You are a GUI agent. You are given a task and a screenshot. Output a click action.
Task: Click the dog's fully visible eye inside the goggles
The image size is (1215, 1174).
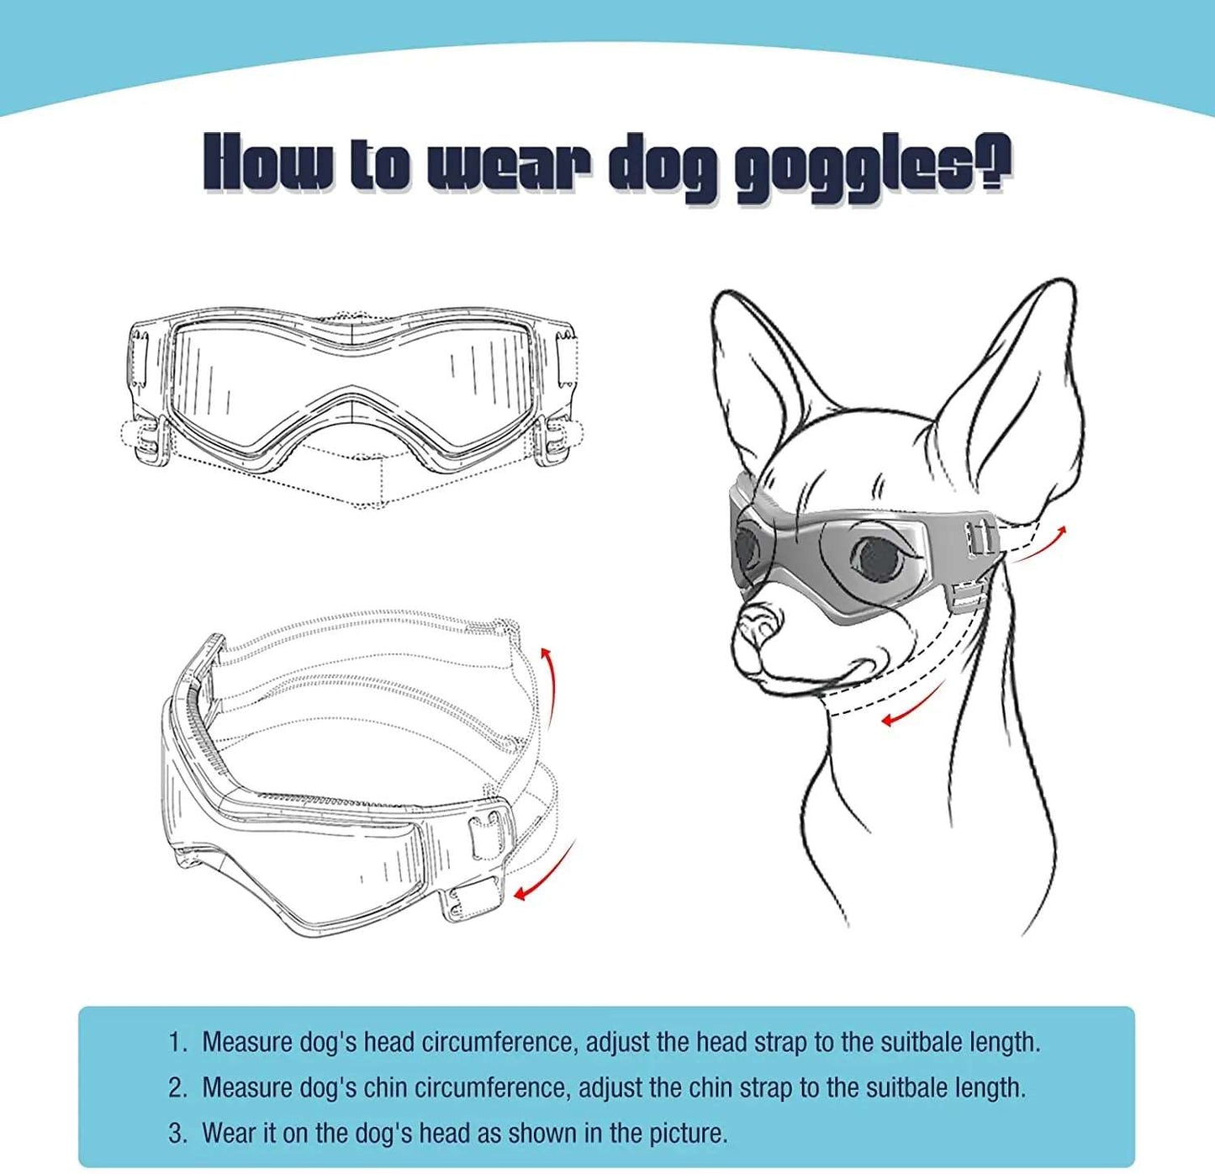point(875,557)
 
